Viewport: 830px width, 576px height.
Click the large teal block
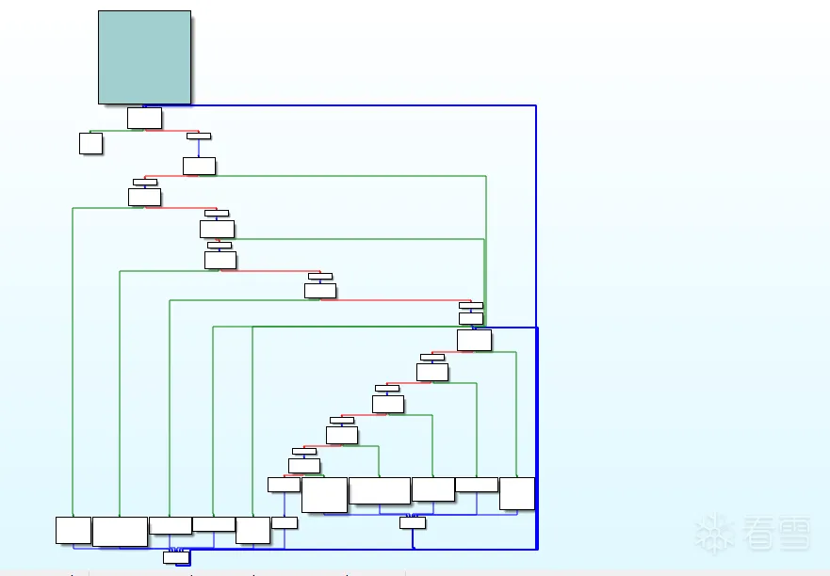(x=144, y=56)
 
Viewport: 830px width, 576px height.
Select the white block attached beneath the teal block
(x=144, y=118)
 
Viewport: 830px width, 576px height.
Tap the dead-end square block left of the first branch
(x=90, y=143)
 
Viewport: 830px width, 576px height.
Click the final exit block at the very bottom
(x=176, y=557)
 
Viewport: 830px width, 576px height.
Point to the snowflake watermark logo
(x=716, y=533)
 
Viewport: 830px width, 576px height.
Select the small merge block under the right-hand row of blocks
(x=413, y=522)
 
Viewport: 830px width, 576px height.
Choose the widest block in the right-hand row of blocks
(x=380, y=490)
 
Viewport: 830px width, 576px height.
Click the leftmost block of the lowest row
(x=73, y=530)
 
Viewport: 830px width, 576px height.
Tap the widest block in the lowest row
(x=120, y=531)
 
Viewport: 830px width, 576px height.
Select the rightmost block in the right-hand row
(x=517, y=493)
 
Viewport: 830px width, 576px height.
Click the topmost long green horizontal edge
(x=349, y=176)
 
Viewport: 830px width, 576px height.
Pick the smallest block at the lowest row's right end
(x=285, y=522)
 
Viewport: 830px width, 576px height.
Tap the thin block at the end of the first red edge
(x=199, y=136)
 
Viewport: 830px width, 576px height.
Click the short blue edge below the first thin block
(x=199, y=148)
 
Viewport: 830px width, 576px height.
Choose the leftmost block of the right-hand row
(x=284, y=485)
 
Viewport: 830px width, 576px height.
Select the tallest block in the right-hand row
(x=324, y=494)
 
